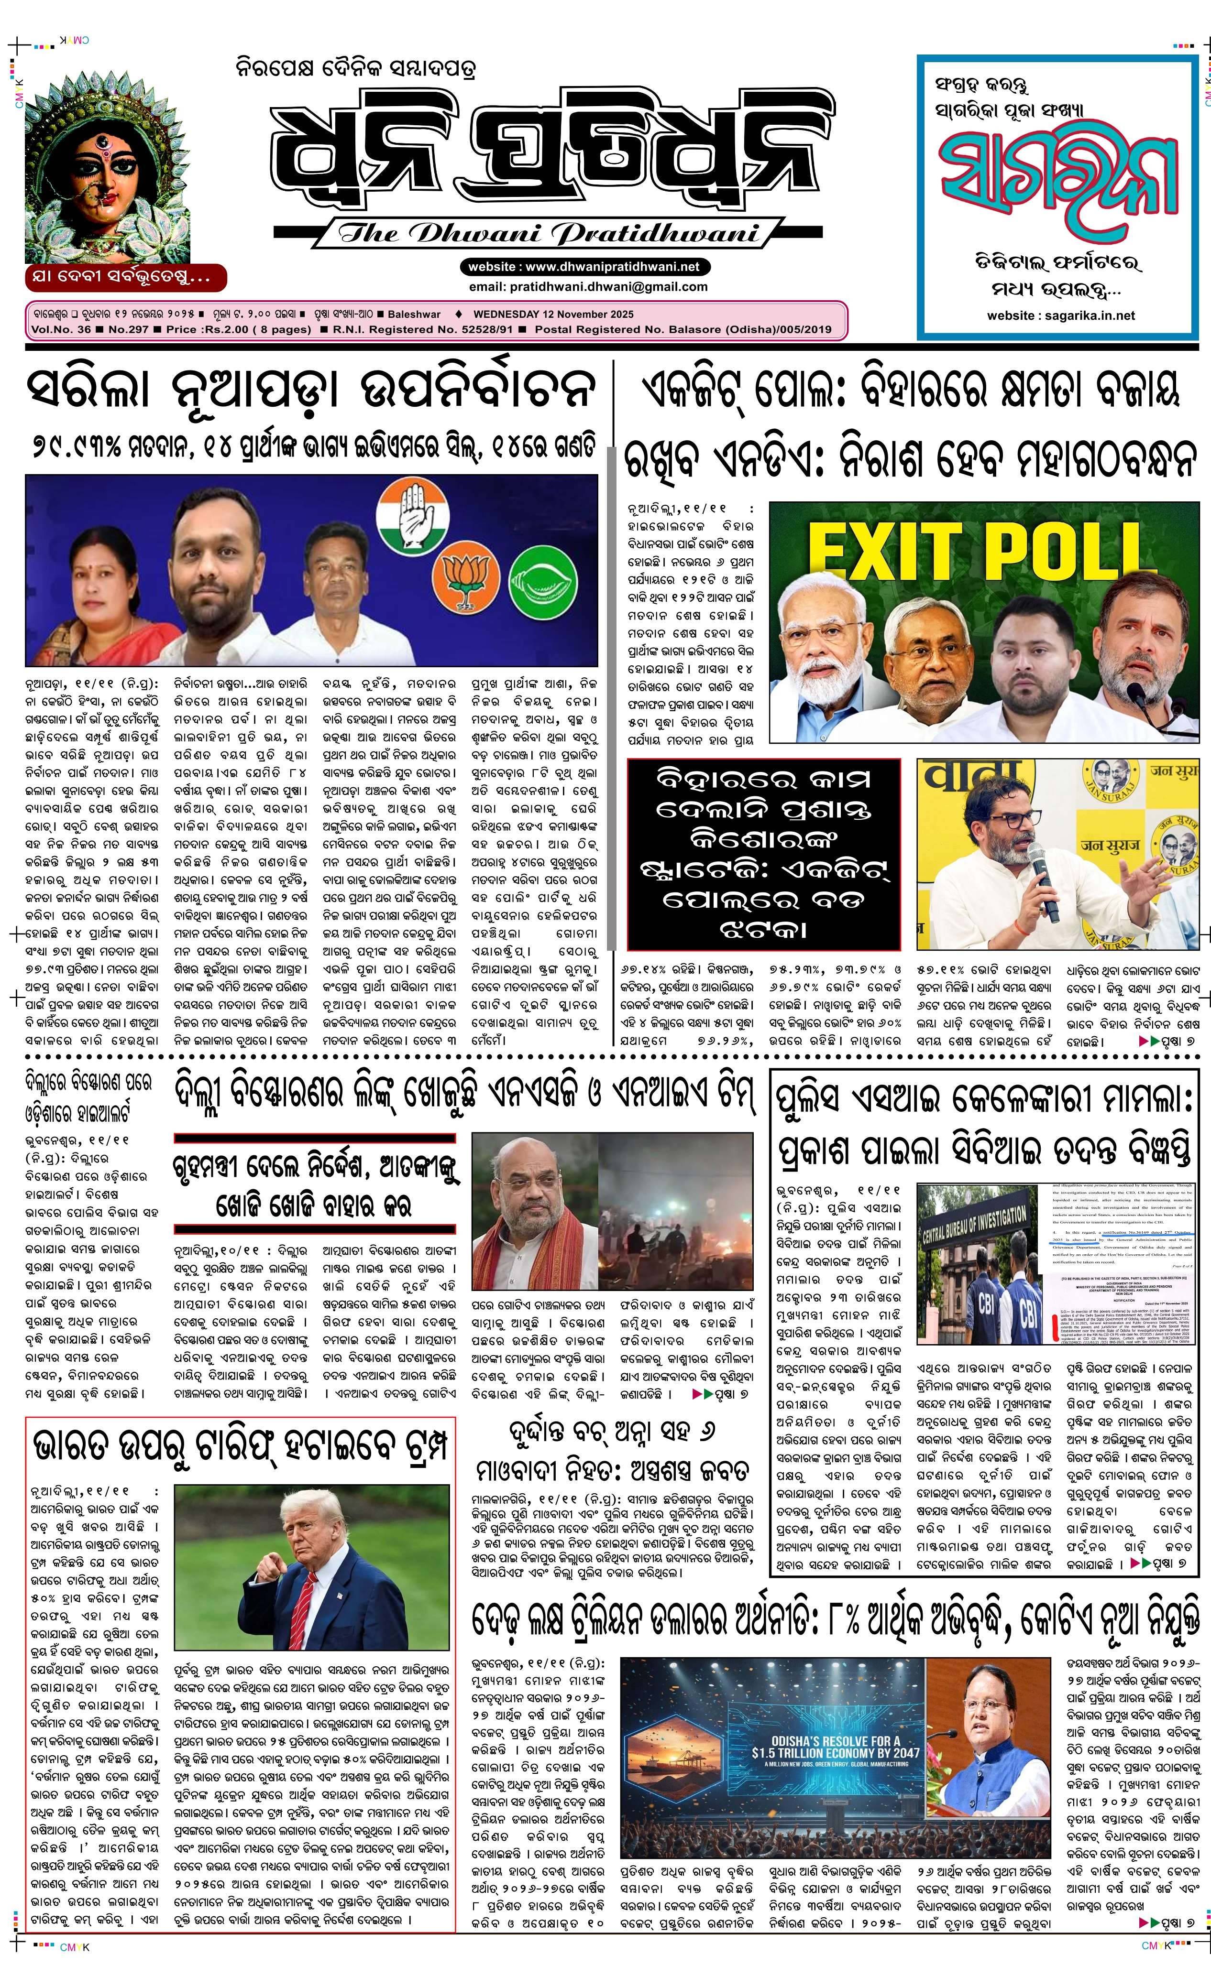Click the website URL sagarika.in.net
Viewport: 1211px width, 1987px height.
pos(1060,315)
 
